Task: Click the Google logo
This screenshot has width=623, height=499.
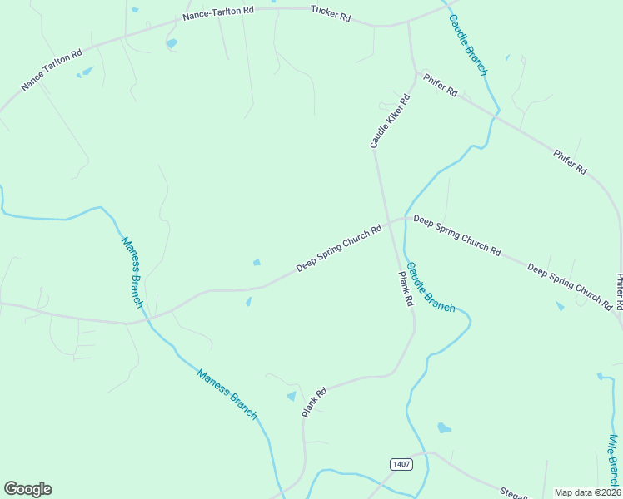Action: tap(27, 489)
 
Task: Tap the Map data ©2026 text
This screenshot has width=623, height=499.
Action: tap(586, 492)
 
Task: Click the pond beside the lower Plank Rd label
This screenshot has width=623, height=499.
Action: tap(291, 397)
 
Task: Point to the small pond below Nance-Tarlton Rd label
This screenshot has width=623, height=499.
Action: tap(172, 43)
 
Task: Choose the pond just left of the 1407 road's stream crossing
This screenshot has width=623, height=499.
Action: tap(444, 428)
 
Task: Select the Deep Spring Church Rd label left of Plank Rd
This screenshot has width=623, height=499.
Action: tap(339, 247)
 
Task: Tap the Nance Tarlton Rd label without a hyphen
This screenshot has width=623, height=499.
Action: tap(52, 70)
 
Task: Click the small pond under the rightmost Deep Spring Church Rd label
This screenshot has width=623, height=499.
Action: tap(560, 306)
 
